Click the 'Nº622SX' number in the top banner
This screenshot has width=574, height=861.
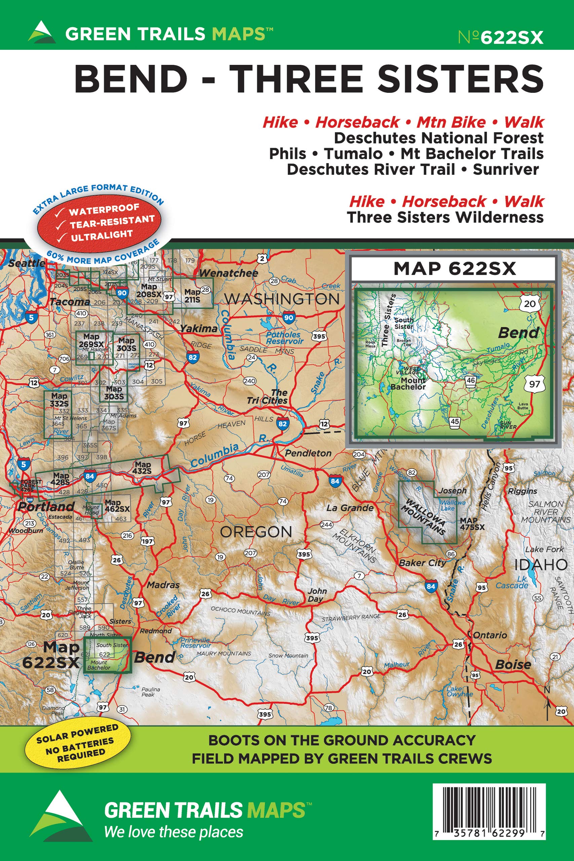coord(500,37)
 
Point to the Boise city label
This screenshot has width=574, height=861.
coord(513,665)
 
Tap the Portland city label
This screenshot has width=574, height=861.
coord(46,507)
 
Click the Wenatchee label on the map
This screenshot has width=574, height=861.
coord(228,273)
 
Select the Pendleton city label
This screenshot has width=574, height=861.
coord(308,453)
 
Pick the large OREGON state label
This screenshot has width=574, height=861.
coord(256,532)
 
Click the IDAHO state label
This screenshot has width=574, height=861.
coord(541,565)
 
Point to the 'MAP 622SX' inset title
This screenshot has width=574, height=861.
coord(454,269)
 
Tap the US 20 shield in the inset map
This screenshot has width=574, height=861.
coord(529,303)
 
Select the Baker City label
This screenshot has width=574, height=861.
coord(422,563)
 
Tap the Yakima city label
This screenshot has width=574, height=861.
coord(199,328)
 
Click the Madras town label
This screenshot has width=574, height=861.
coord(163,585)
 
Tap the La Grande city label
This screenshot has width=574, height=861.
coord(350,508)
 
